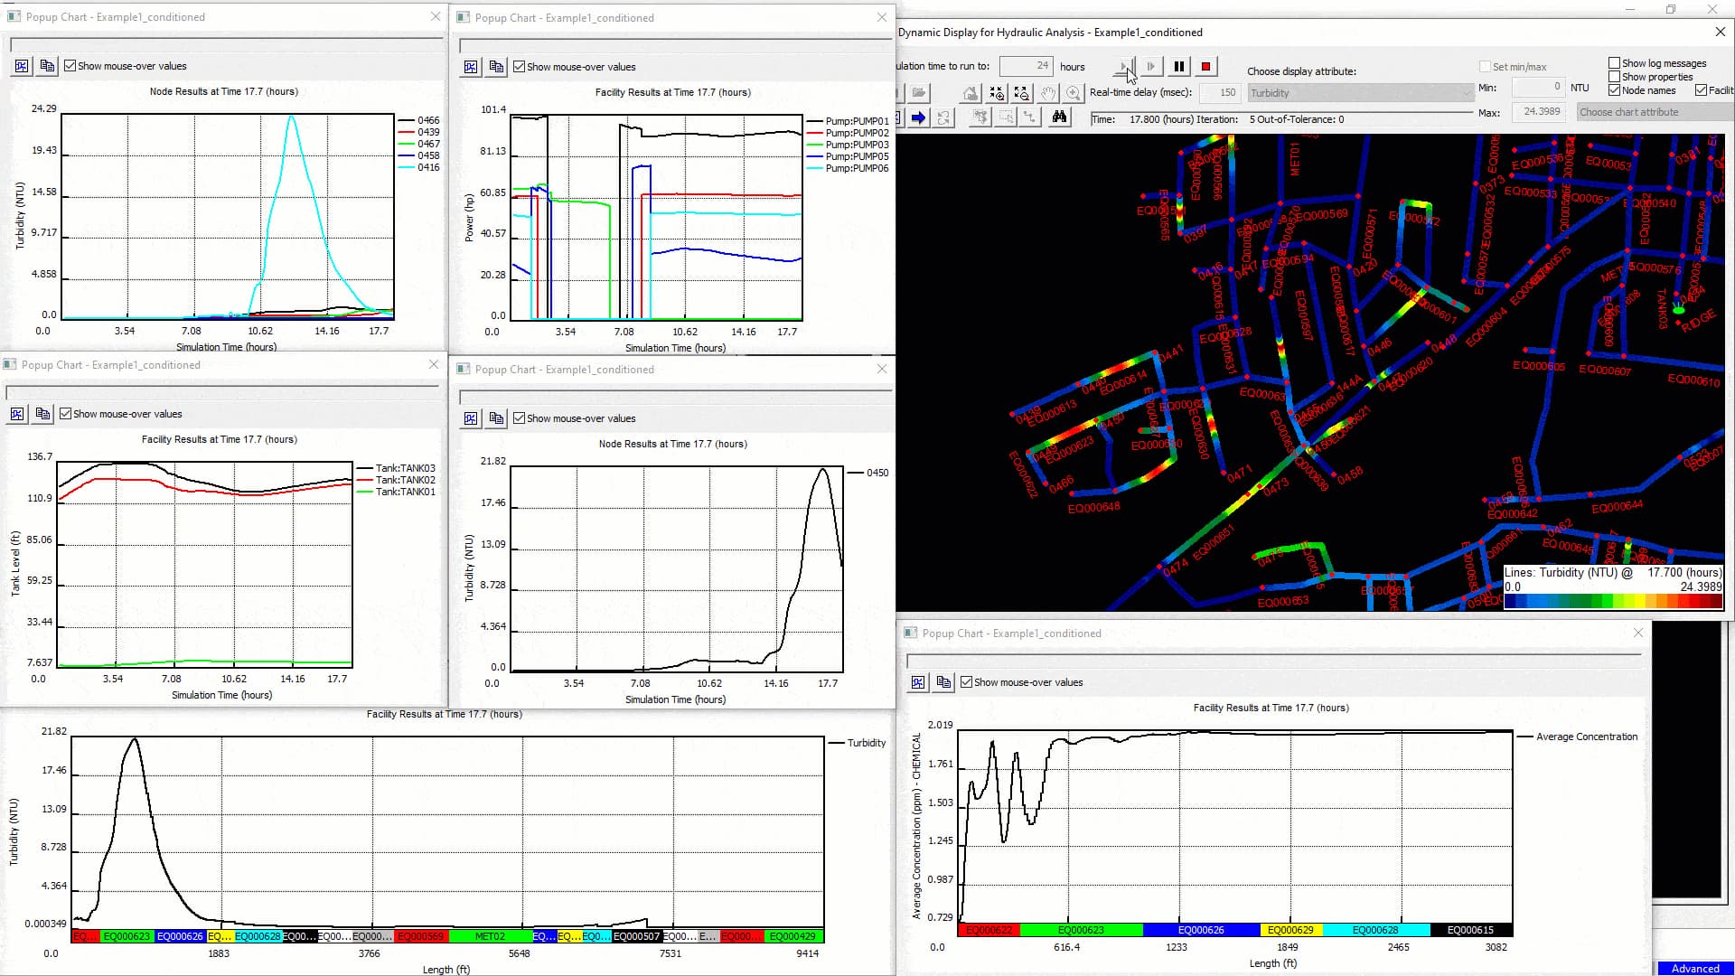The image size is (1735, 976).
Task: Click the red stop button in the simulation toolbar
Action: (1205, 66)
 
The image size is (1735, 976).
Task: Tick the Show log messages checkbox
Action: (1614, 63)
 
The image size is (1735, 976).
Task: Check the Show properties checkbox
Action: (1614, 77)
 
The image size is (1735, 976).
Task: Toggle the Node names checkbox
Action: (1614, 90)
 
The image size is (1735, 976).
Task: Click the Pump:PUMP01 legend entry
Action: (857, 121)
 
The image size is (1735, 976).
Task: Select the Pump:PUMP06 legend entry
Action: (857, 168)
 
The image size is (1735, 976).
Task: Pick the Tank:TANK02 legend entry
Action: (405, 480)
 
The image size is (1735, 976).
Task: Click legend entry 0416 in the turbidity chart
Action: (428, 167)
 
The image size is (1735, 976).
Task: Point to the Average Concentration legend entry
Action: (1586, 737)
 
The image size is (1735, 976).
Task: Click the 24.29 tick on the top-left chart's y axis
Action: (44, 108)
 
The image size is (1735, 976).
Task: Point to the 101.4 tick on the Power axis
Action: (493, 109)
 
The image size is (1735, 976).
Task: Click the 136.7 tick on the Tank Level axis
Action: (40, 456)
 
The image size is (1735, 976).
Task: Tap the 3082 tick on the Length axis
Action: (1496, 947)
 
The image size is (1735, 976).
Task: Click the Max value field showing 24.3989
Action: (1541, 112)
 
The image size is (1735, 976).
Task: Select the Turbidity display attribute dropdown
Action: (1360, 93)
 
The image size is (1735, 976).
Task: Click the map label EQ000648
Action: (1093, 508)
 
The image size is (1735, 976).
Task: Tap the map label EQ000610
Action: (1693, 380)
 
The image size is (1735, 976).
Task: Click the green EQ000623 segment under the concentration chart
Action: (1081, 930)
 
